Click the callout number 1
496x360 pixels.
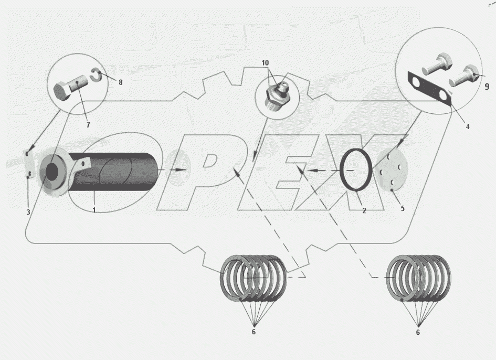pos(94,210)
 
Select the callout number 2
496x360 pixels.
pos(364,210)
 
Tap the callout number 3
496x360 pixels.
pos(28,212)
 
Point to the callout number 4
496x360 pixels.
pos(468,127)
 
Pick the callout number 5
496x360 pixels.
pos(403,208)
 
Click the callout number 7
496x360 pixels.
pos(88,125)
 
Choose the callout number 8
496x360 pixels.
pos(121,82)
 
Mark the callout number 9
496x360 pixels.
pos(487,87)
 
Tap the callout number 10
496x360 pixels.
pos(265,63)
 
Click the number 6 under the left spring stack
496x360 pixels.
pos(254,332)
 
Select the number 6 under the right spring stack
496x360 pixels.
pos(418,333)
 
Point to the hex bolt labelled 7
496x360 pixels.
pos(70,88)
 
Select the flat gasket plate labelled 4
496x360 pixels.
pos(429,89)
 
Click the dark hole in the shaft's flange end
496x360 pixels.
pos(52,172)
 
